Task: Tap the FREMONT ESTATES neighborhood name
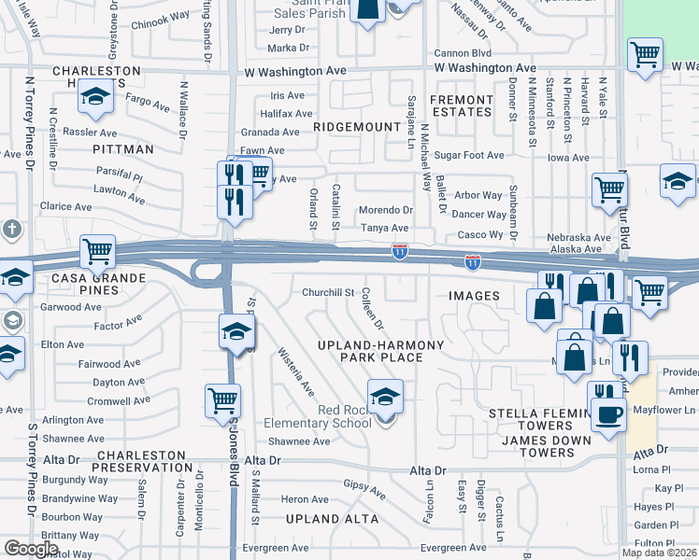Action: (461, 105)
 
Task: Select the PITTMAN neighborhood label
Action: (122, 149)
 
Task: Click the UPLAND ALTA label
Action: (332, 519)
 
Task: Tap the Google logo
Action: (31, 549)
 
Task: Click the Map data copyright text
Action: (659, 553)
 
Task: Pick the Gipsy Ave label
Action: (364, 489)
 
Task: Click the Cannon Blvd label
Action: (462, 53)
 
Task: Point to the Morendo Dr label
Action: (386, 210)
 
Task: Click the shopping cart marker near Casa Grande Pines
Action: (97, 251)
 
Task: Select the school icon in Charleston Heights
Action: (94, 98)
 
